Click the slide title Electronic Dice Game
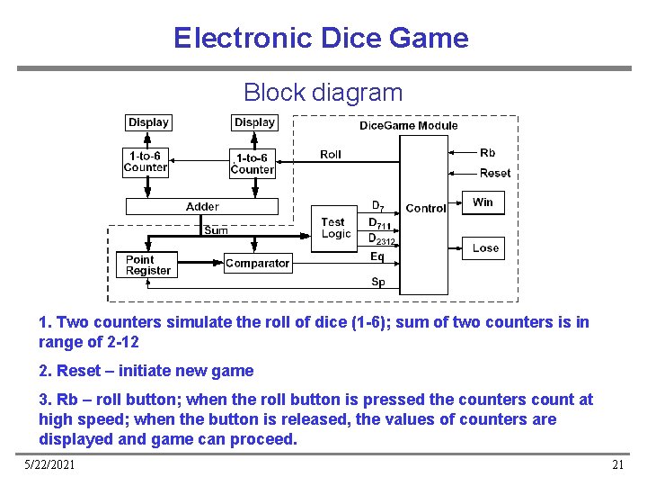pos(321,38)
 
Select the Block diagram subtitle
pos(323,92)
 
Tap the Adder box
pos(202,207)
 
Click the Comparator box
pos(257,264)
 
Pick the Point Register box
pos(148,265)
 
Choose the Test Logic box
pos(335,228)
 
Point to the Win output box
pos(483,202)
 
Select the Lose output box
pos(485,248)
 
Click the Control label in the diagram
pos(425,208)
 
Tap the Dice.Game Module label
pos(408,126)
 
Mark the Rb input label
pos(487,153)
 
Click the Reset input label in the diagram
pos(494,173)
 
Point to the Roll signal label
pos(331,155)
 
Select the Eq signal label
pos(377,257)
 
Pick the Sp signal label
pos(378,282)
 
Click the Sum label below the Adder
pos(216,230)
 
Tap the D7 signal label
pos(378,206)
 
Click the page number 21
pos(616,464)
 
